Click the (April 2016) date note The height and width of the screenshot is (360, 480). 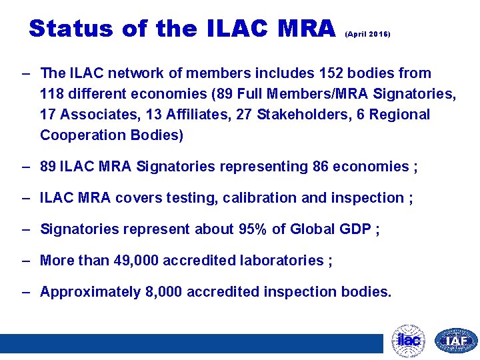point(367,33)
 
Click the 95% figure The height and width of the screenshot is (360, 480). point(253,229)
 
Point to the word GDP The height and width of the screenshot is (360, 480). point(354,229)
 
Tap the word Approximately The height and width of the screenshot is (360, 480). point(91,291)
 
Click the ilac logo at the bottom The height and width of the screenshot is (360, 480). point(408,341)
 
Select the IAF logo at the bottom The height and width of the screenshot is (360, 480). point(456,341)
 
